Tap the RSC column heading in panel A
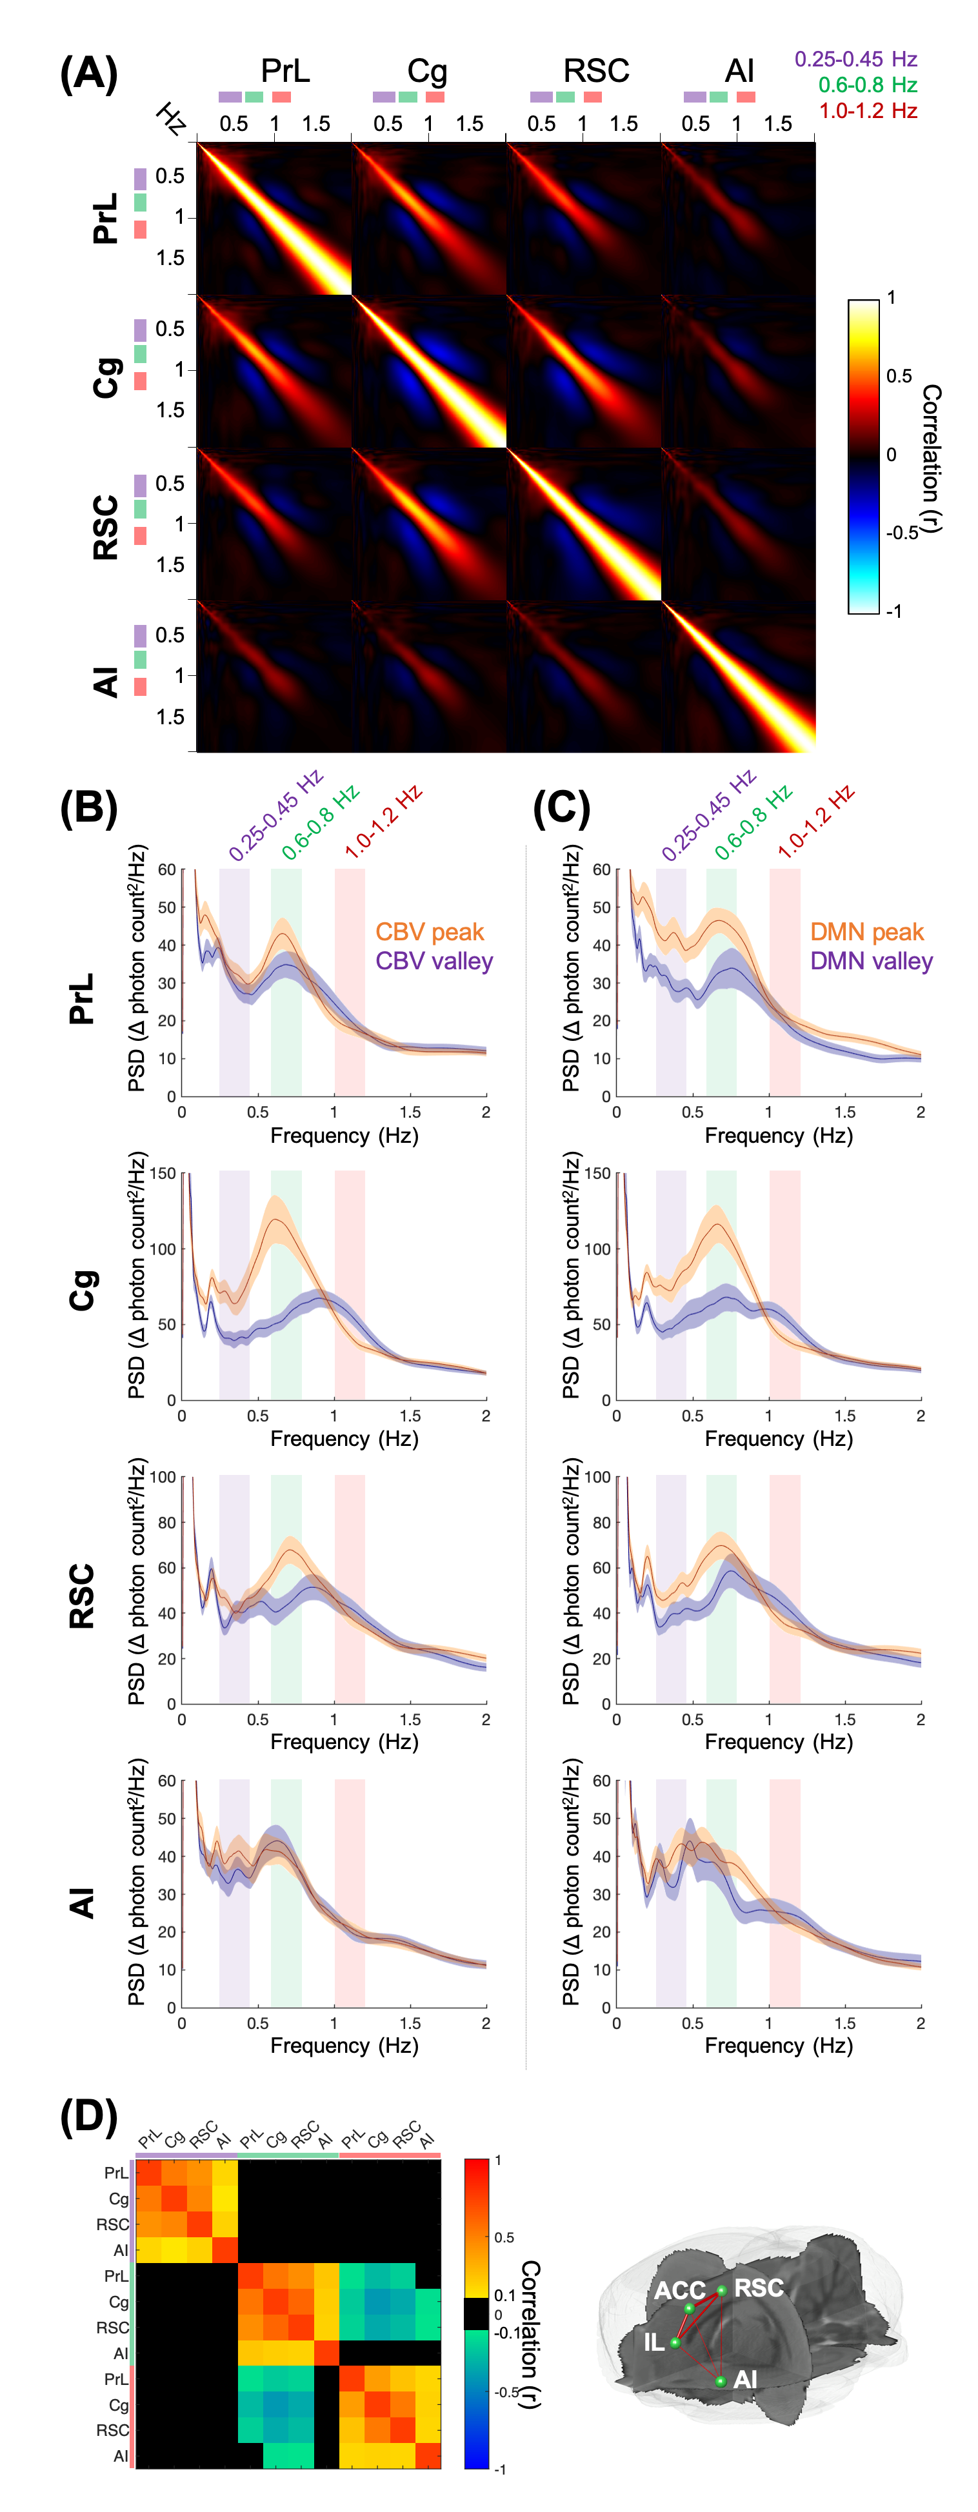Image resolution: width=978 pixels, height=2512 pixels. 596,71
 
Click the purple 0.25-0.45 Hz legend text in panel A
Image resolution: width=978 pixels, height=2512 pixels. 855,59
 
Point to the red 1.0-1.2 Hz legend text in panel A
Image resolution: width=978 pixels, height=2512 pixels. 868,111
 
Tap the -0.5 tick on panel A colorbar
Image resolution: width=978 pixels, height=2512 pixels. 901,533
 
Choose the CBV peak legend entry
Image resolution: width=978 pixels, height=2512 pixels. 430,933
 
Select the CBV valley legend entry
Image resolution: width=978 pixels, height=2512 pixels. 434,962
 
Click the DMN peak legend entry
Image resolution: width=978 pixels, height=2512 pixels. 867,933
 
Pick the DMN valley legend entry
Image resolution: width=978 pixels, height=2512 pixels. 872,962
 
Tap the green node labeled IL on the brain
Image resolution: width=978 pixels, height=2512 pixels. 675,2342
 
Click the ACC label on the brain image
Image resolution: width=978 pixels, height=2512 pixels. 679,2291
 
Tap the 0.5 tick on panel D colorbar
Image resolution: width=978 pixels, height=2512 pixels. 504,2237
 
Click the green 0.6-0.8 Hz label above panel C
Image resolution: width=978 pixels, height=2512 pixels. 753,822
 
